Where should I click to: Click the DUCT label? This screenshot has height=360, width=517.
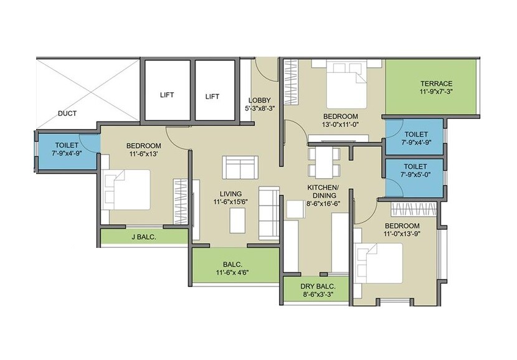67,113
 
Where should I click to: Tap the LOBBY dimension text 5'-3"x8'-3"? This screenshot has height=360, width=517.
259,108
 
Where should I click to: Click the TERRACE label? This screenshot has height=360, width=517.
436,83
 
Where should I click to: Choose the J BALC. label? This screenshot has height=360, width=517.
143,237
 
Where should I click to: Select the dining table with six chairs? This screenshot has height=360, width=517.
323,161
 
